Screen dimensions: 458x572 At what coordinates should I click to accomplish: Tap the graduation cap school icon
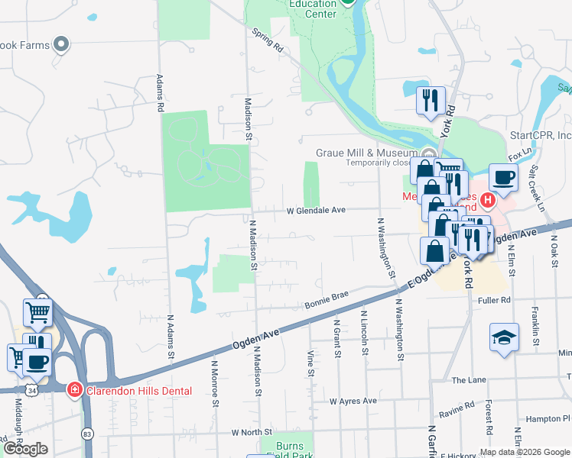tap(504, 338)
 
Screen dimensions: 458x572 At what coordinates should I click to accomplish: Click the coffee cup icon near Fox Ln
tap(503, 177)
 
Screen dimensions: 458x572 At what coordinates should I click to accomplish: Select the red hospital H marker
tap(487, 202)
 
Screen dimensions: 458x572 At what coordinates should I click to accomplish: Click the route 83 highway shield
tap(86, 434)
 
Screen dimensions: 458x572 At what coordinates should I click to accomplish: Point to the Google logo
tap(25, 449)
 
